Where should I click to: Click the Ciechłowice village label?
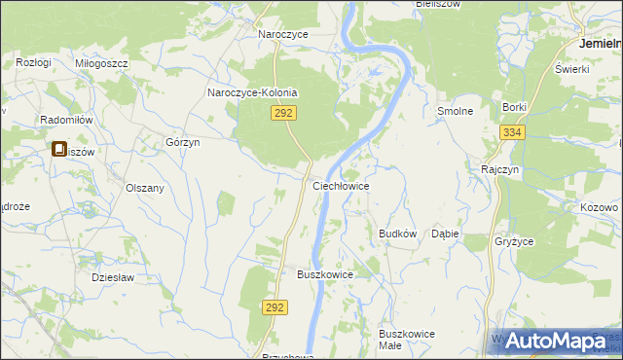click(340, 185)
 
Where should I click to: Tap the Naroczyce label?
click(282, 34)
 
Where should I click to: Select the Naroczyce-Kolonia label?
click(252, 93)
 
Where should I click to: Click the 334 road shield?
click(512, 132)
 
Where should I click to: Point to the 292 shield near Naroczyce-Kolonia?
click(283, 114)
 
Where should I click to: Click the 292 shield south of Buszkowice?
click(275, 306)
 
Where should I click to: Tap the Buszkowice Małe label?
click(407, 340)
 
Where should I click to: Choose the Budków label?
click(397, 234)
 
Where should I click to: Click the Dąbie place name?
click(445, 234)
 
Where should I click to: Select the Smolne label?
click(455, 111)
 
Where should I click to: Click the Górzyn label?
click(183, 142)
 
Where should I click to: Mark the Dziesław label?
click(111, 276)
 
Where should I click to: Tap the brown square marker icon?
click(59, 151)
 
